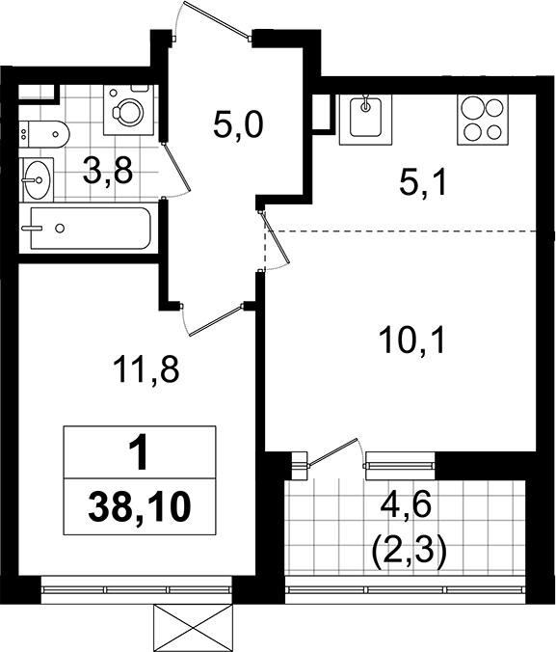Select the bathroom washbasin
click(x=38, y=177)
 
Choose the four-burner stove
click(x=482, y=119)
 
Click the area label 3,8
click(x=106, y=174)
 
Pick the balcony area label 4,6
click(x=406, y=502)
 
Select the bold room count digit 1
click(x=140, y=451)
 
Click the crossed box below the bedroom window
click(x=194, y=627)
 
